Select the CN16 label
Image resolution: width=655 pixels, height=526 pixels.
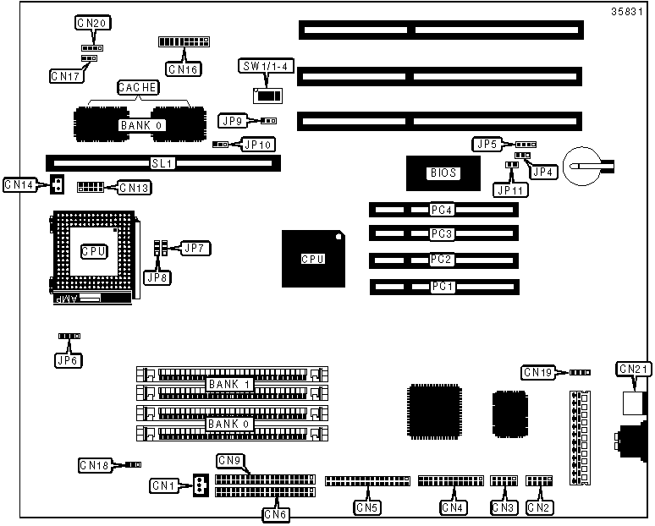point(183,69)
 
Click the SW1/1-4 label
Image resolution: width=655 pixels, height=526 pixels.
point(267,67)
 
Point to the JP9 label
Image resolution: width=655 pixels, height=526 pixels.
point(232,121)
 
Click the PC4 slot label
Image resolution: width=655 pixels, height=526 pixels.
point(442,210)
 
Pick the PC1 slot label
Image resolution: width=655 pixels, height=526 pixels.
point(442,288)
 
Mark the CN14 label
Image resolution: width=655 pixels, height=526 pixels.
point(19,184)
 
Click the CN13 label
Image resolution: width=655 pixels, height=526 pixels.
point(135,188)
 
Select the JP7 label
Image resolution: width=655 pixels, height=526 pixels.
point(195,249)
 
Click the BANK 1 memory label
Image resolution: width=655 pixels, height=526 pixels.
point(229,385)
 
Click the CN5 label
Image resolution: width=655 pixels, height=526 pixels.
point(367,507)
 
